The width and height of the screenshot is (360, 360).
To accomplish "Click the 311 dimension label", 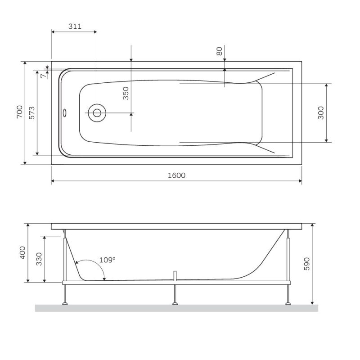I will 75,26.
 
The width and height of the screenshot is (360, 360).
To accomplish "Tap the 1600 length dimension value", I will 176,175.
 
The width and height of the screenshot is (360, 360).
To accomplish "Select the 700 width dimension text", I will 19,112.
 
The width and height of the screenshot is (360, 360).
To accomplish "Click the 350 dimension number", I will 126,93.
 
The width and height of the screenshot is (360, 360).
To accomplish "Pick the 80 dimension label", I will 220,51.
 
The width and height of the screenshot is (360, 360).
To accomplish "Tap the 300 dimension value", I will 320,112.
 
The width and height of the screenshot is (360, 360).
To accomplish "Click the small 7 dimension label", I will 43,76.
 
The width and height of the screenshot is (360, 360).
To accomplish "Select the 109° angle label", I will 107,260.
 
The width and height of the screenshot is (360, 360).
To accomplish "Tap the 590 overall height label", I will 307,263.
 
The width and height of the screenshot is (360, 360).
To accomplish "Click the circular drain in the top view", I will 97,112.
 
